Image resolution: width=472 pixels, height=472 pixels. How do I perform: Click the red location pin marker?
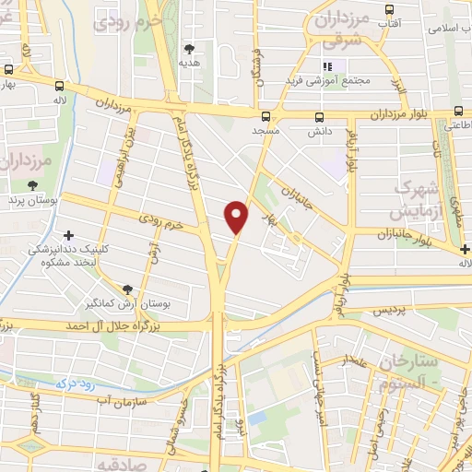(237, 217)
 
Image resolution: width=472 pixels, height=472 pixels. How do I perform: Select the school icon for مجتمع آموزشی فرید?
(326, 65)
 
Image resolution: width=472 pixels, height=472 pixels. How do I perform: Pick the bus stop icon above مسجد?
(266, 117)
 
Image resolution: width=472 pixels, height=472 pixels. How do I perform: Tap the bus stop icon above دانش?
(320, 117)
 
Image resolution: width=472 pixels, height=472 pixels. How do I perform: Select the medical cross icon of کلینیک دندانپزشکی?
(68, 235)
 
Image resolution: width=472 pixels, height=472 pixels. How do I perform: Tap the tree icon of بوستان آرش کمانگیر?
(127, 289)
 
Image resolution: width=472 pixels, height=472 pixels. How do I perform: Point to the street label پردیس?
(391, 312)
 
